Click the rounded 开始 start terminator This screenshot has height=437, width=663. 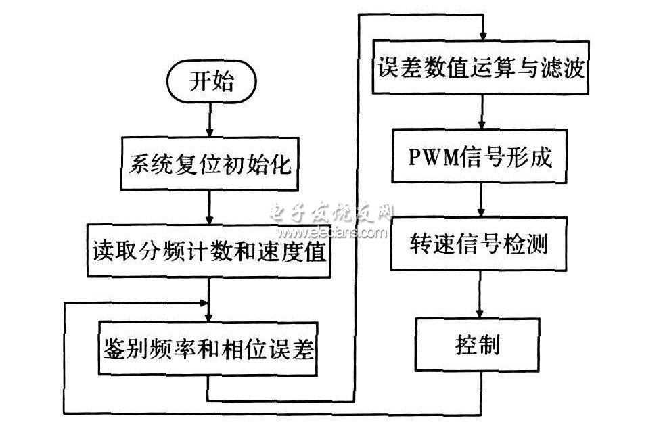(x=210, y=83)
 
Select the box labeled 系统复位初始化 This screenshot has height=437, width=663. (x=211, y=164)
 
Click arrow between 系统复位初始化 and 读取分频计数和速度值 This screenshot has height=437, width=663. (x=210, y=210)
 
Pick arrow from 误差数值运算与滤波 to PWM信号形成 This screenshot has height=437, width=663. (x=481, y=114)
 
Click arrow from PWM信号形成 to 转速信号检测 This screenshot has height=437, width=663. (x=481, y=202)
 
